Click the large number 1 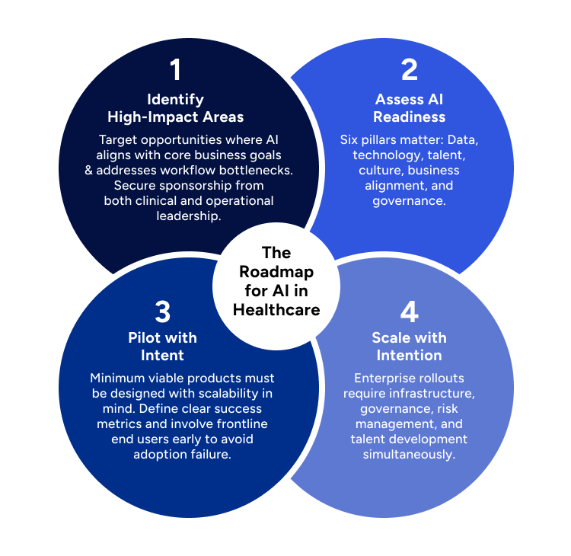tap(176, 70)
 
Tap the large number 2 tap(410, 70)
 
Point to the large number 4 tap(410, 312)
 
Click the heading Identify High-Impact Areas tap(176, 108)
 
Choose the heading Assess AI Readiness tap(410, 108)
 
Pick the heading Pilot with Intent tap(162, 347)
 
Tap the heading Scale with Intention tap(410, 347)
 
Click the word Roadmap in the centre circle tap(276, 272)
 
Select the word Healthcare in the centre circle tap(276, 309)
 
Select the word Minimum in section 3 tap(115, 379)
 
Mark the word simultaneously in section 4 tap(410, 454)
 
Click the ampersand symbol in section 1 tap(89, 170)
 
